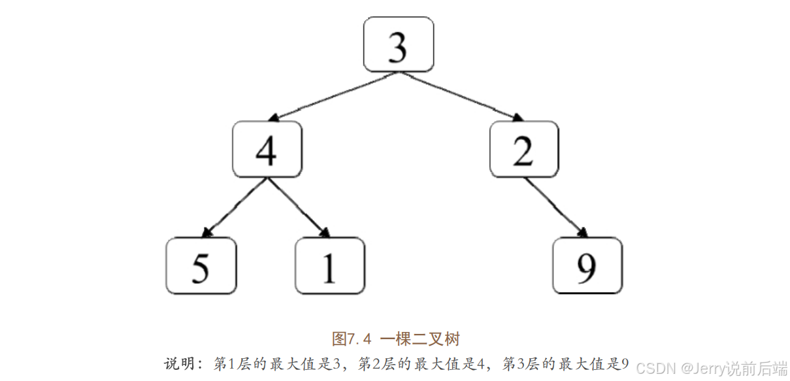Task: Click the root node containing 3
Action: pyautogui.click(x=398, y=44)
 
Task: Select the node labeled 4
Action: pyautogui.click(x=267, y=149)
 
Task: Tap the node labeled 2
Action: pyautogui.click(x=524, y=149)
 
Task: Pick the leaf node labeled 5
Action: pyautogui.click(x=201, y=265)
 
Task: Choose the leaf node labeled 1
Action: pyautogui.click(x=330, y=265)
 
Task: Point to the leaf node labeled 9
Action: pyautogui.click(x=587, y=265)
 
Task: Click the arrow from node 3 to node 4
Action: pyautogui.click(x=333, y=96)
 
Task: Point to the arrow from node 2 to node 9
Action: pyautogui.click(x=555, y=207)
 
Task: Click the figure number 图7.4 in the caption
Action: pyautogui.click(x=352, y=339)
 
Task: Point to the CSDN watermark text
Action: pyautogui.click(x=655, y=368)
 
